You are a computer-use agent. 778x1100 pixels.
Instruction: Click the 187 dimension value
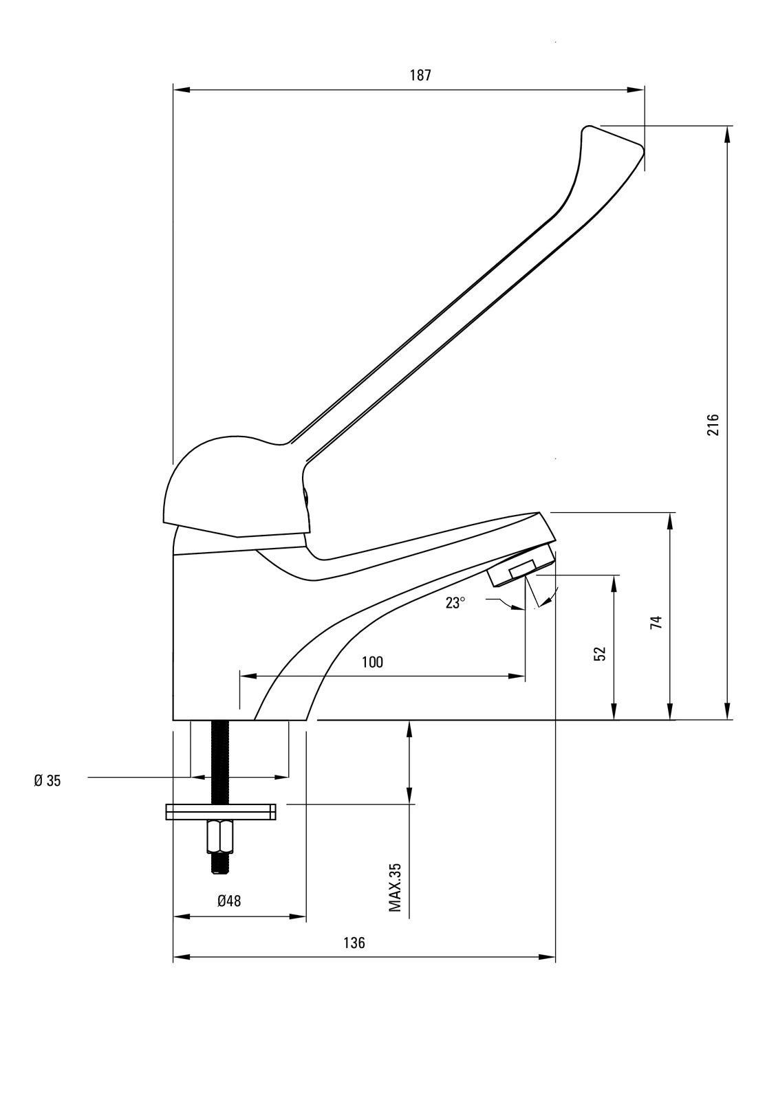(x=420, y=76)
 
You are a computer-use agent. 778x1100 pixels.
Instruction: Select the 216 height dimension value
(x=713, y=424)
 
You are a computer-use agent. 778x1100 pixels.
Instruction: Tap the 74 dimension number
(x=656, y=622)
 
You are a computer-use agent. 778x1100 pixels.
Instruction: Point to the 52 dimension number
(x=600, y=653)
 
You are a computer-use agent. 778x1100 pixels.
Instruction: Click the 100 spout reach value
(x=371, y=662)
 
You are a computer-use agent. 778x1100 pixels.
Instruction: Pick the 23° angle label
(x=455, y=603)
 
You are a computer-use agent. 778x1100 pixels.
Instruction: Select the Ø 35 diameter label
(x=47, y=780)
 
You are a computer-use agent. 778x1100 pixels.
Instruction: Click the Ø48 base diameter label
(x=229, y=901)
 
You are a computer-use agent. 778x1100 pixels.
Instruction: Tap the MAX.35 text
(x=395, y=888)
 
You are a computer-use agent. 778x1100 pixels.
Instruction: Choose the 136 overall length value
(x=354, y=943)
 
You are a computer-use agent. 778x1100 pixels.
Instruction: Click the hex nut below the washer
(x=219, y=837)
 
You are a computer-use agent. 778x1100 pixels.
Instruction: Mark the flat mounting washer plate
(x=220, y=812)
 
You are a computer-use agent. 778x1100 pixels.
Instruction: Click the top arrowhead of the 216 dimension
(x=726, y=134)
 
